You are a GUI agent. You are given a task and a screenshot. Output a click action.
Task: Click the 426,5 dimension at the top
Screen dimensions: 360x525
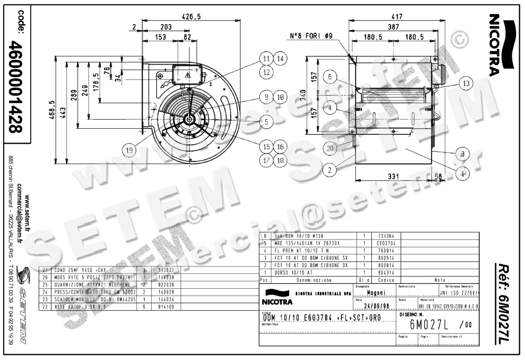point(191,17)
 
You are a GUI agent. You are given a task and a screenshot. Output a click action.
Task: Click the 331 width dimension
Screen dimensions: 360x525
point(393,176)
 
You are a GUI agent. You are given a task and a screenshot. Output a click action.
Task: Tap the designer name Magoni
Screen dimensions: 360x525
point(376,293)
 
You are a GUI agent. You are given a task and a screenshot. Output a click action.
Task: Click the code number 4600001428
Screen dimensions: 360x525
point(17,88)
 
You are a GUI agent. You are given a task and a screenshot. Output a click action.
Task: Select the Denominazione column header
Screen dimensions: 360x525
point(314,280)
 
